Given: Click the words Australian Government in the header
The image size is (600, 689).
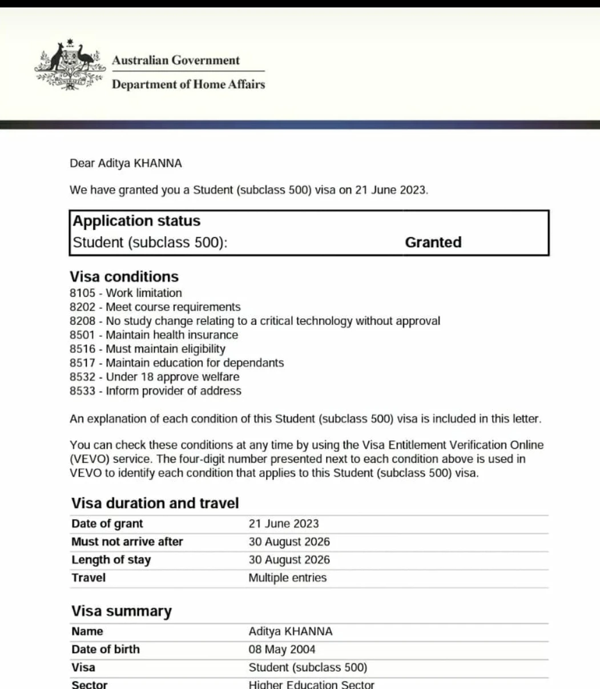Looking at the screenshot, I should click(x=176, y=61).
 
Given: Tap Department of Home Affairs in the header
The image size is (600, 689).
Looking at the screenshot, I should click(x=188, y=84).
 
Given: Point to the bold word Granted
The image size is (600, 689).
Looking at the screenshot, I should click(x=433, y=243).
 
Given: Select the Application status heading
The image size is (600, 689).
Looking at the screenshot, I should click(x=136, y=221).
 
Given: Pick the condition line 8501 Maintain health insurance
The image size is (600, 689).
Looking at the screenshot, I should click(x=154, y=335).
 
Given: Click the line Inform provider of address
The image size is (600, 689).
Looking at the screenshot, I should click(x=174, y=391).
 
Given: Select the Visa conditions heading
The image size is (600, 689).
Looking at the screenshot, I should click(x=124, y=277).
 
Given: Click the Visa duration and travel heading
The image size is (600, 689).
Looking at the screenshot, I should click(x=155, y=503).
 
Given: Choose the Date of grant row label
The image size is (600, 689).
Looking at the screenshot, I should click(x=107, y=524).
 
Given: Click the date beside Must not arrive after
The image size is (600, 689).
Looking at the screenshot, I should click(x=289, y=542).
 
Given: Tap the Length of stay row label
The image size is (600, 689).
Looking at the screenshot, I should click(x=111, y=560).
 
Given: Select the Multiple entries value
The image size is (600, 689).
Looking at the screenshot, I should click(x=287, y=578).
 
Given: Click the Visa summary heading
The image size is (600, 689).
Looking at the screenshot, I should click(x=121, y=611).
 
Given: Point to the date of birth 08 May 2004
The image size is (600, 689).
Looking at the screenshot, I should click(x=281, y=650).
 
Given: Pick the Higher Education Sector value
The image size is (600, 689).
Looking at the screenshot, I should click(x=311, y=684).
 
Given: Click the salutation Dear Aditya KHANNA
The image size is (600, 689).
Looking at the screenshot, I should click(x=126, y=163).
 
